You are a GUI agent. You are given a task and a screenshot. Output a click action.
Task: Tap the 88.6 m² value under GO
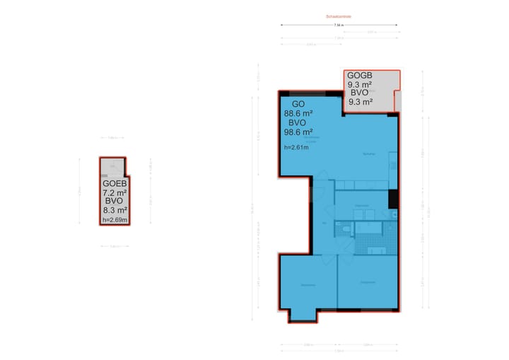(x=298, y=112)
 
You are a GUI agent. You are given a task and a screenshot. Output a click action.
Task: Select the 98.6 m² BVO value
(x=298, y=132)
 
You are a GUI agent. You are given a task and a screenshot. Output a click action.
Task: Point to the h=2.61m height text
(x=296, y=148)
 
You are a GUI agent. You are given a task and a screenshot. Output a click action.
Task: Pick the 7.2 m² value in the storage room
(x=115, y=192)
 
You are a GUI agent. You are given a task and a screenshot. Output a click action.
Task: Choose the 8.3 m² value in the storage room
(x=115, y=210)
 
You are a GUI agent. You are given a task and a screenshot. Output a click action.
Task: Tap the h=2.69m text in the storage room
(x=115, y=220)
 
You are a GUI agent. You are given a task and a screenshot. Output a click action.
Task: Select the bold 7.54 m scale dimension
(x=339, y=25)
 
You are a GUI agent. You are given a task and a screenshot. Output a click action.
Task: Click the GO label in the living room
(x=298, y=103)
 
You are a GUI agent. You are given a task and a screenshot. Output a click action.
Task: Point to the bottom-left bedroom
(x=308, y=283)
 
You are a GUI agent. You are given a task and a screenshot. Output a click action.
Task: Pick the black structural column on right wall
(x=394, y=199)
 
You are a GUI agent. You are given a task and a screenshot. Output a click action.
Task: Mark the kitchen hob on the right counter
(x=393, y=166)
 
